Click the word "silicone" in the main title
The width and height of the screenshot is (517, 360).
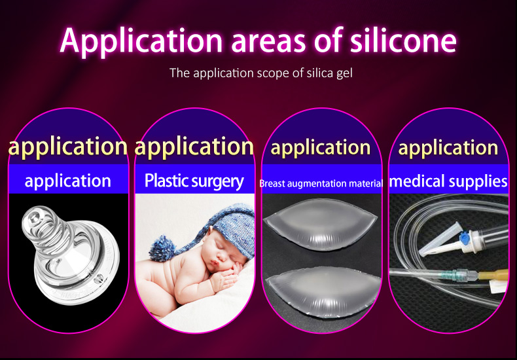tap(403, 40)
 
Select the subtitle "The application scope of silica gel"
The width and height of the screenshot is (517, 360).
tap(261, 73)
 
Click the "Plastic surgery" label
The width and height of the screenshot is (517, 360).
tap(194, 181)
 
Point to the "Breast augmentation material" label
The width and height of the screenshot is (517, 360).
tap(321, 183)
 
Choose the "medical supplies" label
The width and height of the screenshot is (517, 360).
tap(448, 181)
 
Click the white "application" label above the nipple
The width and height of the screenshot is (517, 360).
tap(68, 181)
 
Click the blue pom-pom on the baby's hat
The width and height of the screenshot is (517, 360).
tap(162, 248)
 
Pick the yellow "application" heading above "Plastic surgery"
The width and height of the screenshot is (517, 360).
tap(194, 147)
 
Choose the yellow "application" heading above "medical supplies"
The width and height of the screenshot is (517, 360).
tap(448, 147)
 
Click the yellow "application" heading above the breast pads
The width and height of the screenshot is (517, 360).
tap(321, 147)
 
